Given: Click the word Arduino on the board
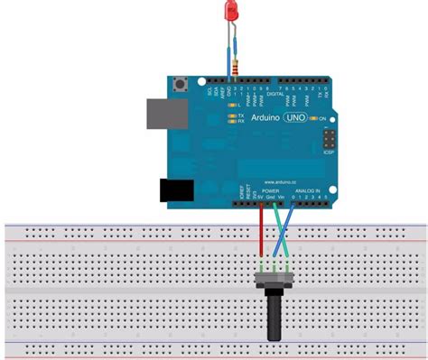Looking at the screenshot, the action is click(x=263, y=119).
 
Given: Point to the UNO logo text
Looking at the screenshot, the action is click(x=295, y=118).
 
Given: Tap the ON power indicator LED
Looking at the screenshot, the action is click(x=312, y=118).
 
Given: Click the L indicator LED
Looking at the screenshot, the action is click(x=235, y=106).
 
